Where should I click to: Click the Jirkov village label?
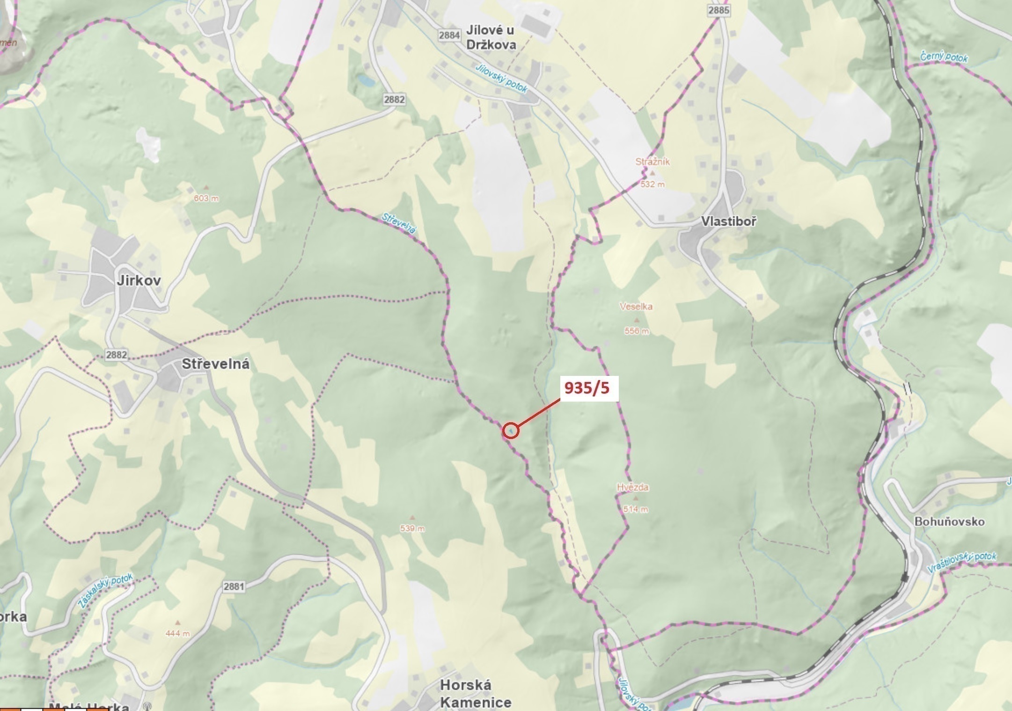point(139,280)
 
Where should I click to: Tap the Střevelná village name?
point(215,364)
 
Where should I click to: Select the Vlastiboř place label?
point(728,221)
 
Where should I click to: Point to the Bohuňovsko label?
point(950,521)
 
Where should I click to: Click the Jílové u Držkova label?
point(491,37)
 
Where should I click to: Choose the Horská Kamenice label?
point(475,694)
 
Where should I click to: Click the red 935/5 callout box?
point(587,388)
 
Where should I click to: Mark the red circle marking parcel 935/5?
point(511,430)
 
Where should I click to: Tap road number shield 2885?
point(719,10)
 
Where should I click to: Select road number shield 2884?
point(449,35)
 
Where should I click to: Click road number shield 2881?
point(234,586)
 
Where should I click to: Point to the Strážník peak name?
point(653,162)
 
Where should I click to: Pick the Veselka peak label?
point(636,307)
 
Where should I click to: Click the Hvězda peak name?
point(633,487)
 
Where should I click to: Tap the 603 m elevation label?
point(206,198)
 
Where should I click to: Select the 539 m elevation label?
point(412,528)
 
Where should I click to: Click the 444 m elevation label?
point(178,634)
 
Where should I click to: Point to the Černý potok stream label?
point(944,57)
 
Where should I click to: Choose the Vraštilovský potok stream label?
point(962,562)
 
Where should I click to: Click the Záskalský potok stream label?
point(105,591)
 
